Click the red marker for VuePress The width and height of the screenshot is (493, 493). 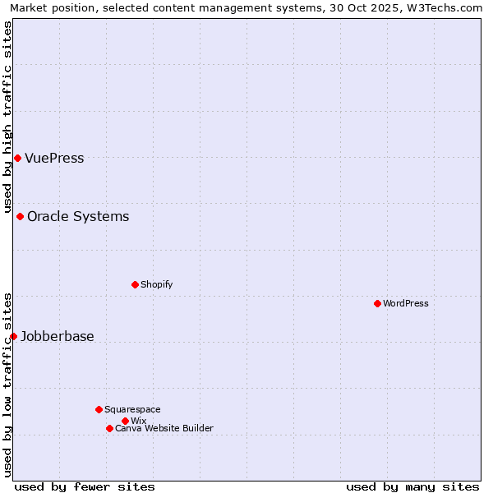click(x=17, y=158)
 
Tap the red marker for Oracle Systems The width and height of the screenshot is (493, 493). click(x=20, y=216)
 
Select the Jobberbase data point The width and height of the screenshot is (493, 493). click(x=13, y=336)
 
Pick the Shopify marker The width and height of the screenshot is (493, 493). click(x=135, y=284)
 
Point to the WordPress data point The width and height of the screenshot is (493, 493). click(x=377, y=303)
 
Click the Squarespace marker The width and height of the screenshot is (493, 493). click(x=99, y=409)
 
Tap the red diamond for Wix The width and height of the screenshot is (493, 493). click(x=125, y=421)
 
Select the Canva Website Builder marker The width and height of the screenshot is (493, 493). click(x=109, y=428)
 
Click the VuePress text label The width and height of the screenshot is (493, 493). click(x=54, y=159)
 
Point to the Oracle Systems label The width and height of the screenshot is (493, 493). click(x=78, y=217)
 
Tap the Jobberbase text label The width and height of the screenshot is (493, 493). click(x=58, y=337)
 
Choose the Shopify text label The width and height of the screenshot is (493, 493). click(x=156, y=285)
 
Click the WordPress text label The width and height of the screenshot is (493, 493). click(x=406, y=304)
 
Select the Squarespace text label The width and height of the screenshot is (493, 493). click(x=132, y=410)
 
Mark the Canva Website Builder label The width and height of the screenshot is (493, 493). click(x=164, y=429)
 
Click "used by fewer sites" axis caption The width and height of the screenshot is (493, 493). click(x=85, y=487)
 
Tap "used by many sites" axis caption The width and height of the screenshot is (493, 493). click(x=412, y=487)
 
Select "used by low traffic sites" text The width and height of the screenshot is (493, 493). click(x=8, y=385)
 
